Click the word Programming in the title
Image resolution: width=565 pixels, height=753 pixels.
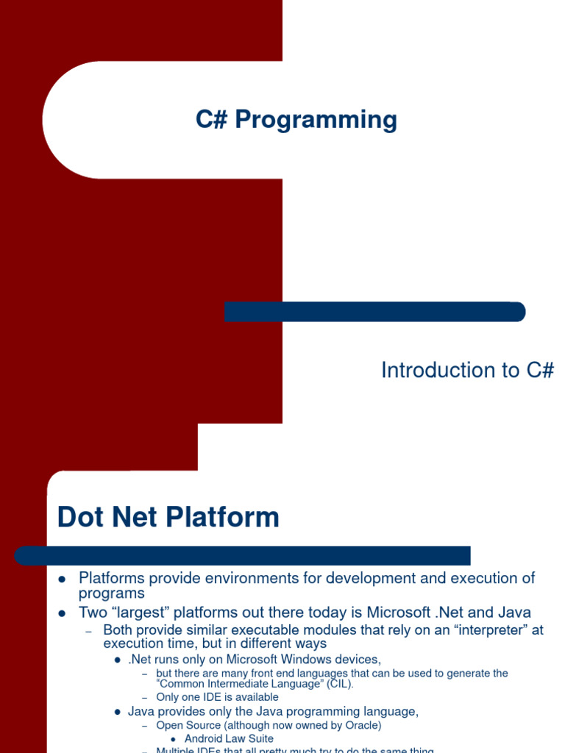tap(316, 120)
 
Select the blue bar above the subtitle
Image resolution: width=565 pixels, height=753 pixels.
tap(374, 312)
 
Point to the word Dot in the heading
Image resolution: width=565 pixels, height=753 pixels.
tap(81, 518)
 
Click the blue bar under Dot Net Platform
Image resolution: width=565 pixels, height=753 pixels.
tap(243, 555)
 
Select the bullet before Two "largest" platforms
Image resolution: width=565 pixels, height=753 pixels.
tap(63, 613)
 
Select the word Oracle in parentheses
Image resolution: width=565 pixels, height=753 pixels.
tap(361, 726)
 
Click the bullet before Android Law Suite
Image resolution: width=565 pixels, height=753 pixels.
tap(173, 739)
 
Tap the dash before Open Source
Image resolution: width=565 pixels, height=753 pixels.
tap(145, 727)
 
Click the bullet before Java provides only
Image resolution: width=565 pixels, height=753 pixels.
tap(117, 713)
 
